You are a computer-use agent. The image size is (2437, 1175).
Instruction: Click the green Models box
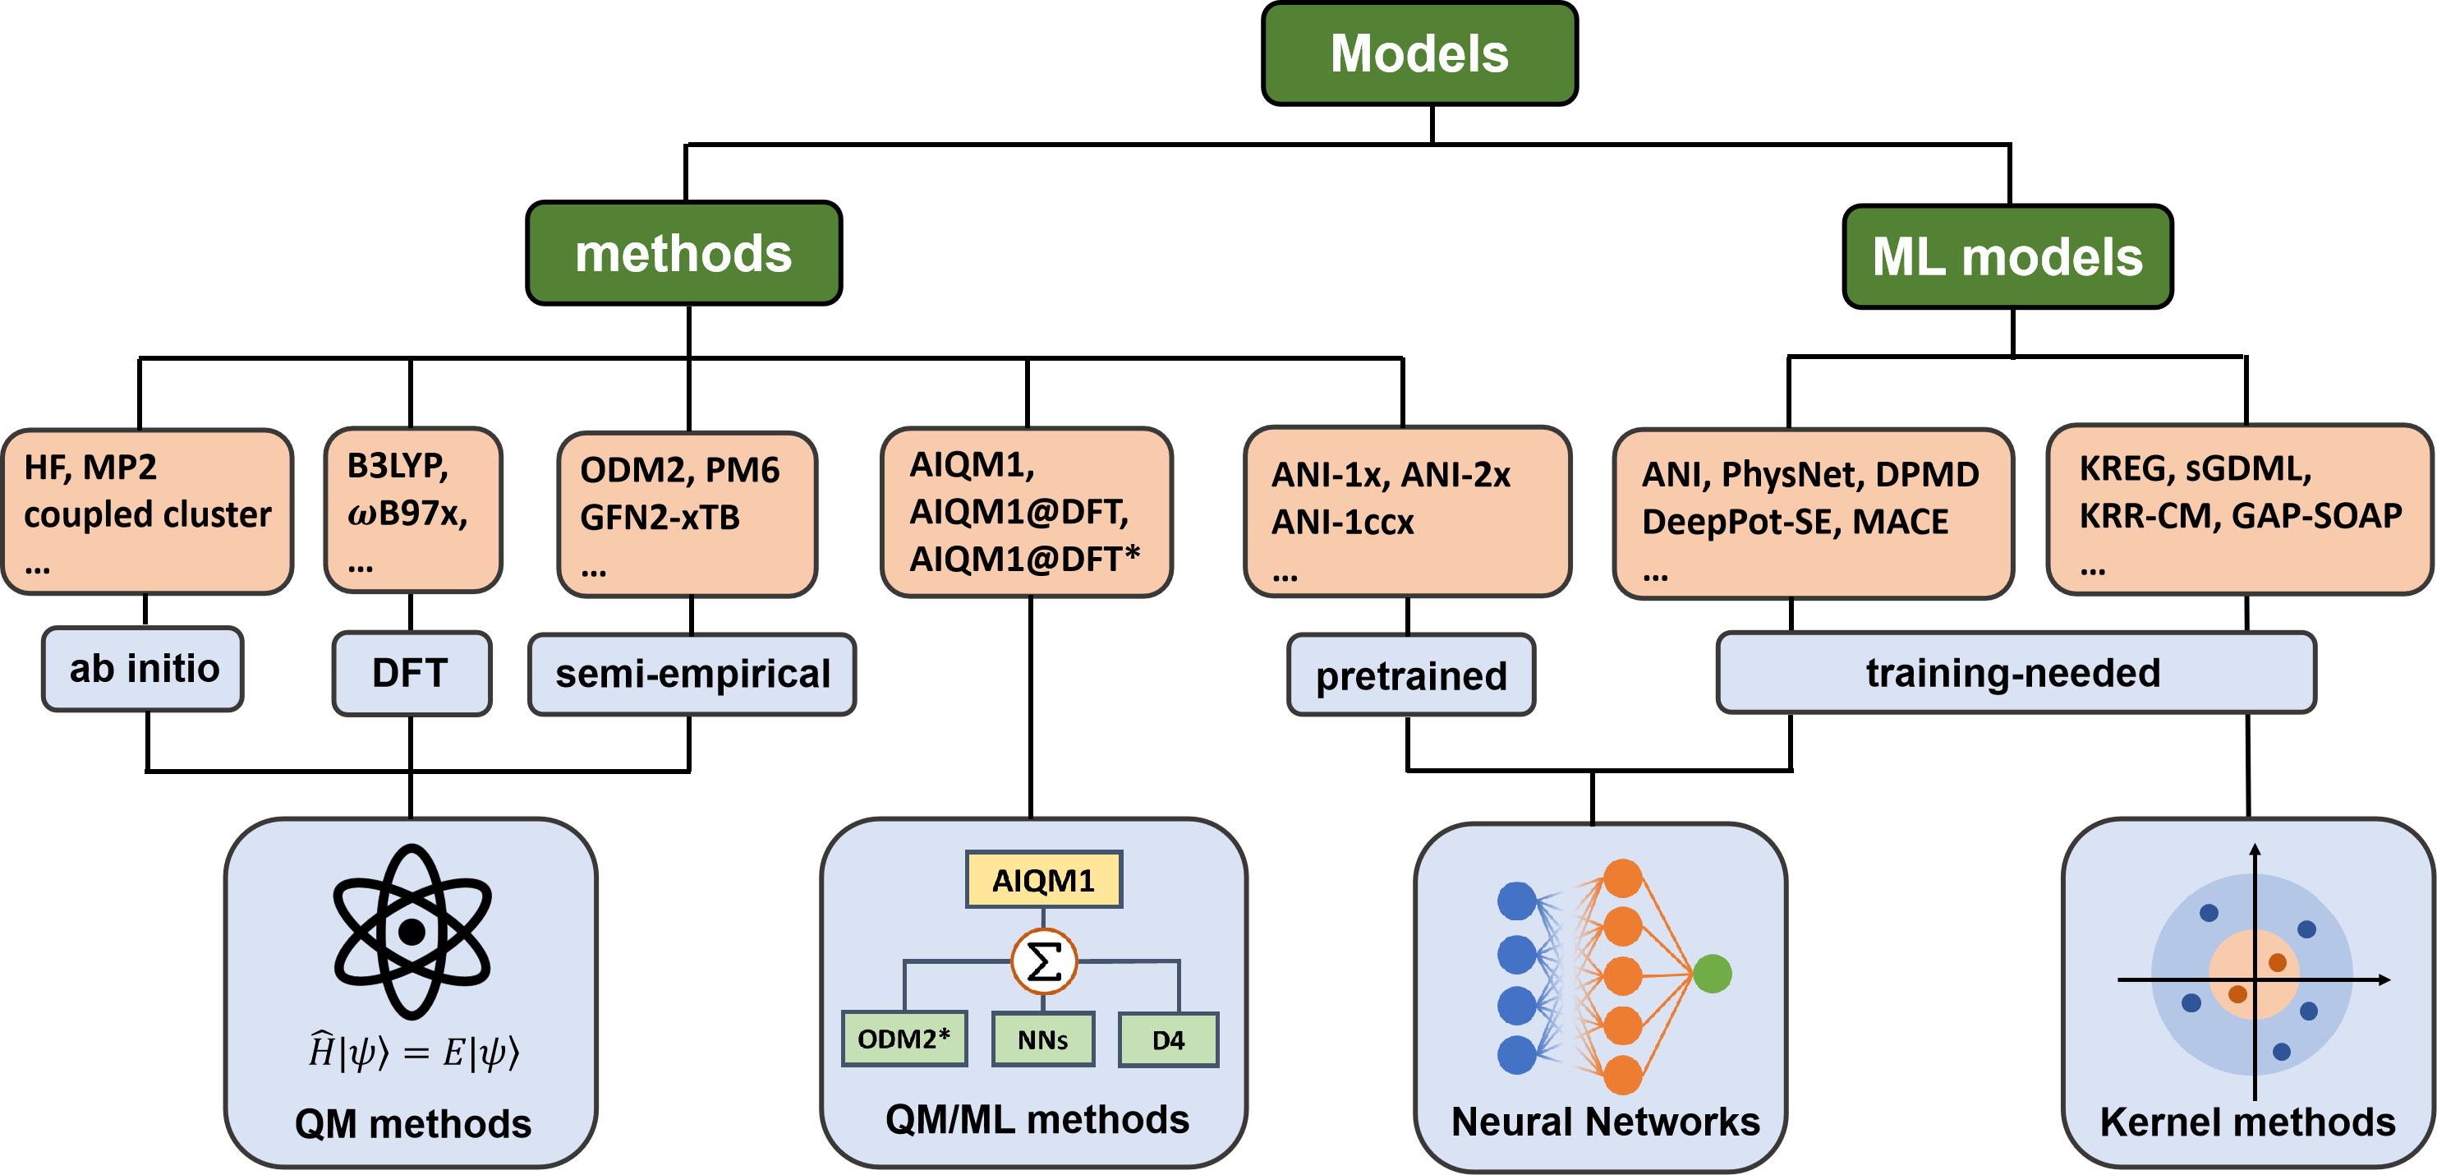tap(1419, 53)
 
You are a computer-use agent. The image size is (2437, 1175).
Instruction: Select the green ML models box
tap(2007, 256)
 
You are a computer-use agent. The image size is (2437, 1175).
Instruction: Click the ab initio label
tap(144, 669)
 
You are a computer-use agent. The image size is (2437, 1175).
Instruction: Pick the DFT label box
tap(411, 673)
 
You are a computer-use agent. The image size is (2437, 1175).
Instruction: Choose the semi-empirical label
tap(692, 674)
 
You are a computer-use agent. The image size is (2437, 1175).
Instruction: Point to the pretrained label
tap(1410, 675)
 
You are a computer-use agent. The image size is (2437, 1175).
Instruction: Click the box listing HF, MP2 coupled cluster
tap(148, 512)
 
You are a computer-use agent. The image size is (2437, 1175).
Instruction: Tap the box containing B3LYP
tap(412, 511)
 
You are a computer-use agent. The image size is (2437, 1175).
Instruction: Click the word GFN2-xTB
tap(660, 518)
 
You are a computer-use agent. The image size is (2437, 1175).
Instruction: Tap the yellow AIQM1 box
tap(1042, 880)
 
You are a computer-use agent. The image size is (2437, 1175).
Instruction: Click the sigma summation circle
tap(1043, 962)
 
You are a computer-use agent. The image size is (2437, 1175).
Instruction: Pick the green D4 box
tap(1167, 1039)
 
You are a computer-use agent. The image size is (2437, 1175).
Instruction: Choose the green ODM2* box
tap(904, 1039)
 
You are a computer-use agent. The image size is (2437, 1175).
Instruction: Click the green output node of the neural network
tap(1713, 974)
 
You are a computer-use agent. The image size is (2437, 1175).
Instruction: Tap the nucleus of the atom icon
tap(412, 932)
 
